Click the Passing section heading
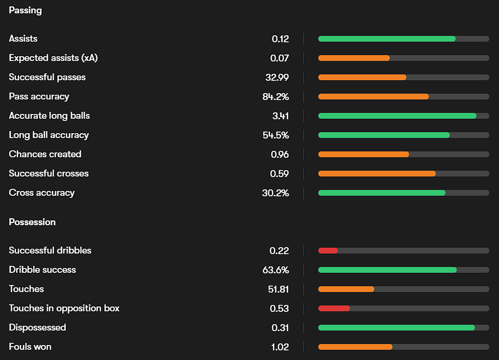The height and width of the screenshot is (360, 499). pyautogui.click(x=25, y=10)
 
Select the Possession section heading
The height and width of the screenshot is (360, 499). pyautogui.click(x=32, y=222)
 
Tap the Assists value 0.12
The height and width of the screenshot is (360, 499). pyautogui.click(x=280, y=39)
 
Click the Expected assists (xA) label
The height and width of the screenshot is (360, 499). pyautogui.click(x=53, y=58)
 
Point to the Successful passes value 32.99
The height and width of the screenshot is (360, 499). pyautogui.click(x=277, y=77)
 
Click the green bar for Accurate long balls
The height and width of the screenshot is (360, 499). pyautogui.click(x=397, y=116)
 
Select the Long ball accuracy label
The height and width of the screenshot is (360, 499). pyautogui.click(x=49, y=135)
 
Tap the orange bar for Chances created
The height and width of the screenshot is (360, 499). pyautogui.click(x=363, y=154)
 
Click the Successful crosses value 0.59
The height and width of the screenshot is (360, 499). pyautogui.click(x=279, y=173)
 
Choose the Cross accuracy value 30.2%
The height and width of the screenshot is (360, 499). pyautogui.click(x=275, y=193)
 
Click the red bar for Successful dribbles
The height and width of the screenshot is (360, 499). pyautogui.click(x=328, y=250)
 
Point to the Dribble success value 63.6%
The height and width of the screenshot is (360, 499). pyautogui.click(x=275, y=270)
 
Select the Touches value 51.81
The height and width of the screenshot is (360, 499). pyautogui.click(x=278, y=289)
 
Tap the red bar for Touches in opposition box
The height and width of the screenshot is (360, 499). pyautogui.click(x=334, y=308)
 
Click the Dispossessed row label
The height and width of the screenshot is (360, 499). pyautogui.click(x=37, y=327)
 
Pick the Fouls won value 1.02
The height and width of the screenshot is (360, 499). pyautogui.click(x=280, y=347)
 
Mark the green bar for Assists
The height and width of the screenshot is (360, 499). pyautogui.click(x=387, y=39)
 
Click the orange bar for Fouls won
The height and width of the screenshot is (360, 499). pyautogui.click(x=355, y=347)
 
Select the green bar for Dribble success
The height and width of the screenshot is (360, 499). pyautogui.click(x=387, y=270)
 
